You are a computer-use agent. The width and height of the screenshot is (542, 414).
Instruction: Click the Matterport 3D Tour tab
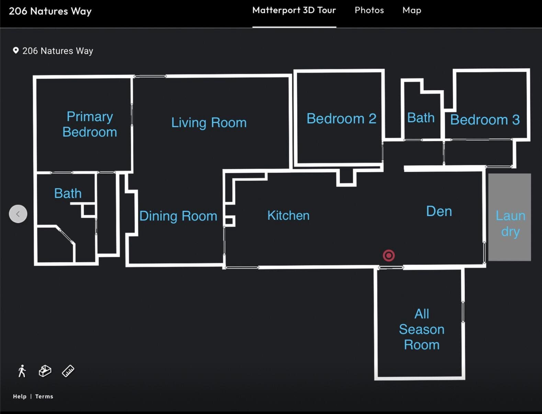coord(294,10)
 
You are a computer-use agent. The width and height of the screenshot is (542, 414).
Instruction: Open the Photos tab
coord(369,10)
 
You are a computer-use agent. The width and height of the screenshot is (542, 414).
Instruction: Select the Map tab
coord(411,10)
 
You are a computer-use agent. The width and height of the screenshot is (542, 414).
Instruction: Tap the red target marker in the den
coord(389,255)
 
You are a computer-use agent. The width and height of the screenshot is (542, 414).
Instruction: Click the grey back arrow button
coord(18,214)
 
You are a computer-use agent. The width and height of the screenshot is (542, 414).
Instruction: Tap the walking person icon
coord(22,371)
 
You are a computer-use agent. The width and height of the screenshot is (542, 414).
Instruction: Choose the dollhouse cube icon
coord(45,371)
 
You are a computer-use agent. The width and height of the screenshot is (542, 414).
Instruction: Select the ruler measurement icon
coord(68,371)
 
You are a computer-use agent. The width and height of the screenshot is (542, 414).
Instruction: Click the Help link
coord(20,396)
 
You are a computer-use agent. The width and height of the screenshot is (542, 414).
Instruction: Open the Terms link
coord(44,396)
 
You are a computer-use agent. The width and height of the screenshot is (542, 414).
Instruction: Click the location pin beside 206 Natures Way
coord(16,50)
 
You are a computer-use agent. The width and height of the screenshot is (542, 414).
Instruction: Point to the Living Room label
coord(209,123)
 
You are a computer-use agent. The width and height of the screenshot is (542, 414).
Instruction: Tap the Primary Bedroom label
coord(90,124)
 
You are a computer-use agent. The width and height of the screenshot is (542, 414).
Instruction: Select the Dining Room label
coord(178,216)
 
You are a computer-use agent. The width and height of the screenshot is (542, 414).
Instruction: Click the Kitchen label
coord(289,215)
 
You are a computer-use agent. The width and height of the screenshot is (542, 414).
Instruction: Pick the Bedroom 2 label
coord(341,118)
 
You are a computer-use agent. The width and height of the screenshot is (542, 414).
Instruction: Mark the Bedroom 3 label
coord(485,120)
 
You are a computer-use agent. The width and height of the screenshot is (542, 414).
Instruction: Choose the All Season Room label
coord(422,329)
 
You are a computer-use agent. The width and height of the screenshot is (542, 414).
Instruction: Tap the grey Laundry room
coord(510,217)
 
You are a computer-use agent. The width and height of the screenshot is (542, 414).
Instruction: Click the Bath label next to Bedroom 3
coord(421,118)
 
